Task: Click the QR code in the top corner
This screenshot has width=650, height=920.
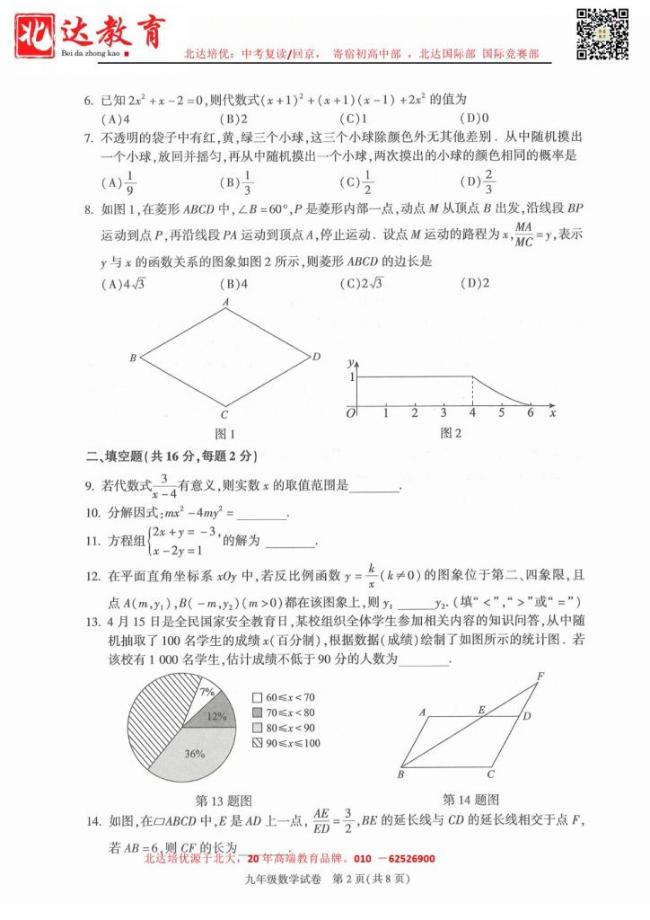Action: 602,32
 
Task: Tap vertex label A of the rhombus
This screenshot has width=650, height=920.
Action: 226,303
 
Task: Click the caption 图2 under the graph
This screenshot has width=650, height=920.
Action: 451,433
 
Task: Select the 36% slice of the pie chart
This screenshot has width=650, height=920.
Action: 189,755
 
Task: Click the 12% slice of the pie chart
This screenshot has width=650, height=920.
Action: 213,716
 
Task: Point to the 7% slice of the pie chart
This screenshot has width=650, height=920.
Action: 206,692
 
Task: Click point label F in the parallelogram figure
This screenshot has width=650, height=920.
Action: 540,676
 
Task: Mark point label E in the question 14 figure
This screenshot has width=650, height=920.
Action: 481,710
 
